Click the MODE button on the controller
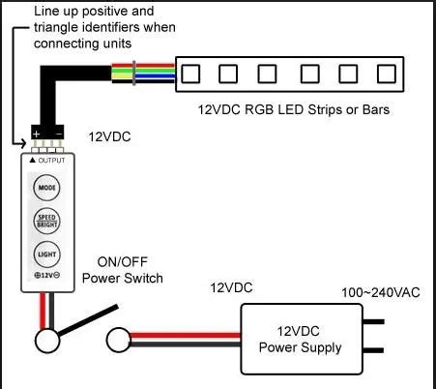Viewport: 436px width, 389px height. click(45, 186)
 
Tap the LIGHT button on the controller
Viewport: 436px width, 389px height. click(45, 254)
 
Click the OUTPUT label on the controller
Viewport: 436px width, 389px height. click(47, 159)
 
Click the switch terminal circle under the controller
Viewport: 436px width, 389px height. click(45, 341)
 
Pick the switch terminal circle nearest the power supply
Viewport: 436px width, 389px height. click(118, 341)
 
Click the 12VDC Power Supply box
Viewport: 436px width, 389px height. click(301, 339)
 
